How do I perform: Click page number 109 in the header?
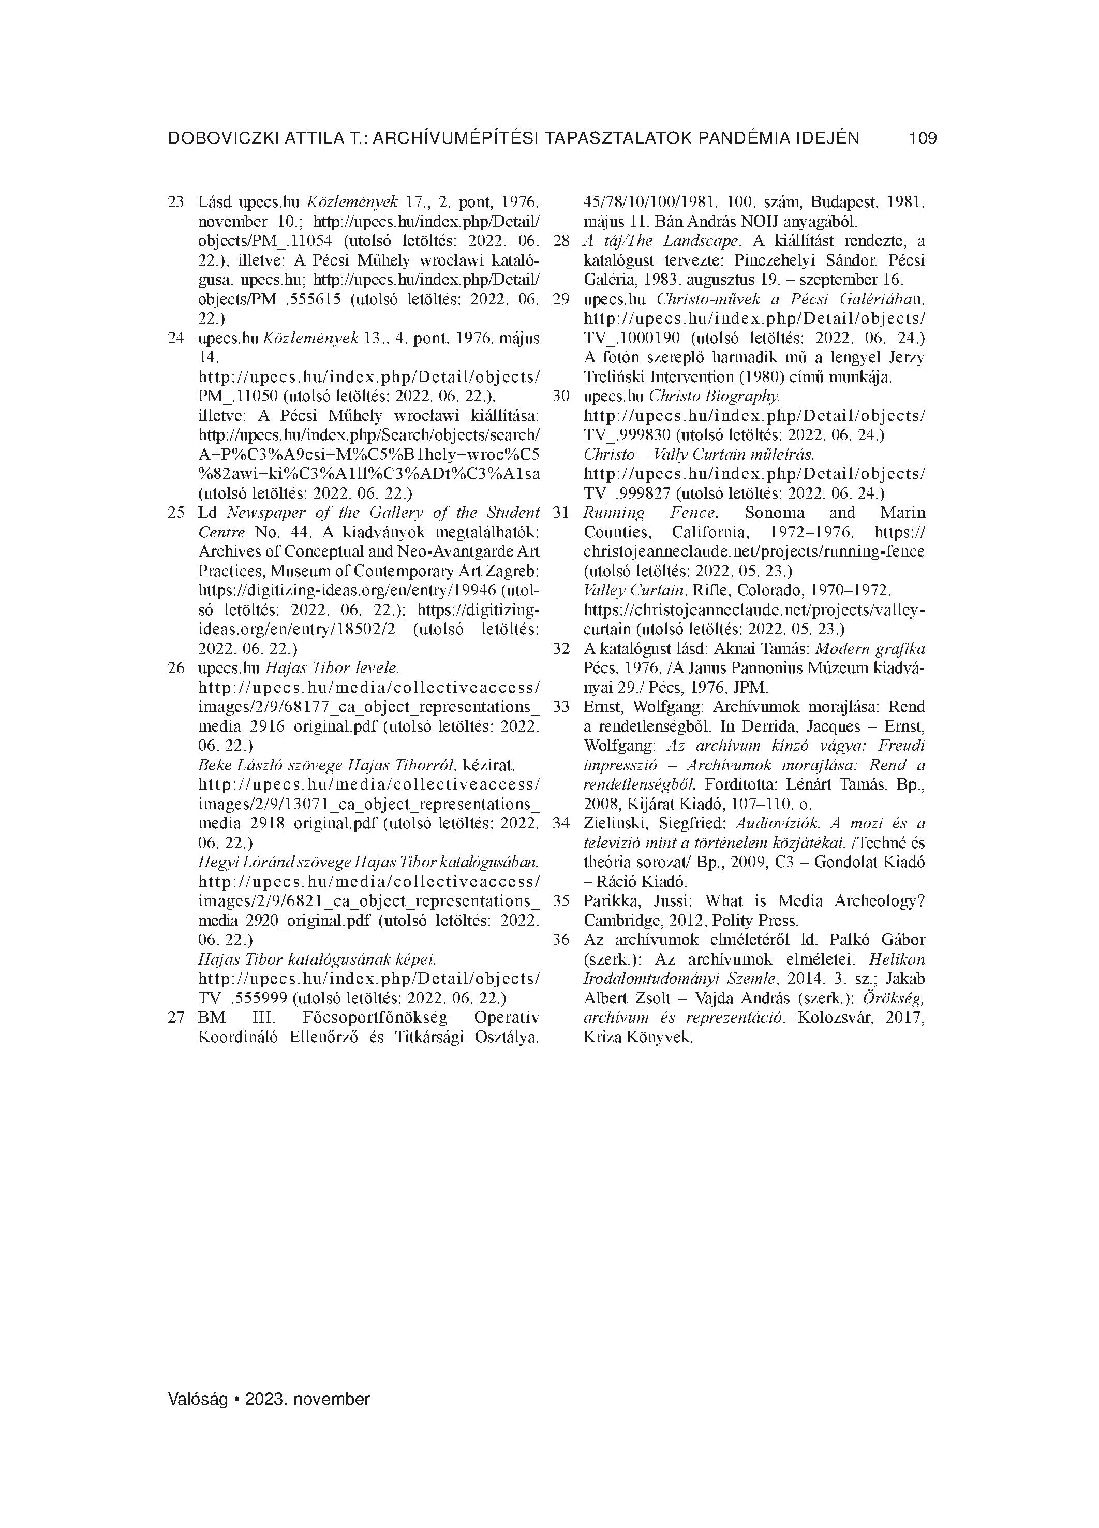pyautogui.click(x=922, y=139)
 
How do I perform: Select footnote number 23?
pyautogui.click(x=176, y=201)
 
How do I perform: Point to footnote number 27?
pyautogui.click(x=176, y=1017)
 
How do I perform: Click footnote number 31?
pyautogui.click(x=561, y=513)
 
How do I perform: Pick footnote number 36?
pyautogui.click(x=561, y=940)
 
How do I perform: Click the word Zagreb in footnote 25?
pyautogui.click(x=514, y=571)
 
